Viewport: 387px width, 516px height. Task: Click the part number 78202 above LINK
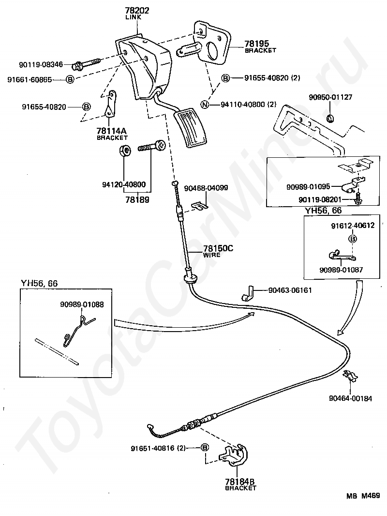(x=137, y=11)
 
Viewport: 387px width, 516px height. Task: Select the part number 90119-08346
(x=41, y=64)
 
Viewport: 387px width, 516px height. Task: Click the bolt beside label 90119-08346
(x=86, y=64)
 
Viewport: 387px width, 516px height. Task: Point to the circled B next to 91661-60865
(x=70, y=79)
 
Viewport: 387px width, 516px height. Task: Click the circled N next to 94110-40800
(x=205, y=105)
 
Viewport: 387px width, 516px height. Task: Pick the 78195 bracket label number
(x=256, y=44)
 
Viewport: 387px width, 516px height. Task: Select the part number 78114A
(x=111, y=131)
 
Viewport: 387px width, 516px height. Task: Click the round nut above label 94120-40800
(x=124, y=151)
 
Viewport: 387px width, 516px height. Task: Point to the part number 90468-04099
(x=206, y=188)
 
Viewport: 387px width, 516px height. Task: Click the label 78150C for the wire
(x=218, y=248)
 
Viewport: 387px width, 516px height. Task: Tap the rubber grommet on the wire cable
(x=190, y=278)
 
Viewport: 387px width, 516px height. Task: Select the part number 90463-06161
(x=290, y=290)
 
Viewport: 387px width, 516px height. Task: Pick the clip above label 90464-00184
(x=351, y=376)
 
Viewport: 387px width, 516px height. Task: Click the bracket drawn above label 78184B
(x=234, y=455)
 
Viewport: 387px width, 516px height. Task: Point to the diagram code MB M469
(x=363, y=496)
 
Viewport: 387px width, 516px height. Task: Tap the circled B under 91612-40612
(x=353, y=239)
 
